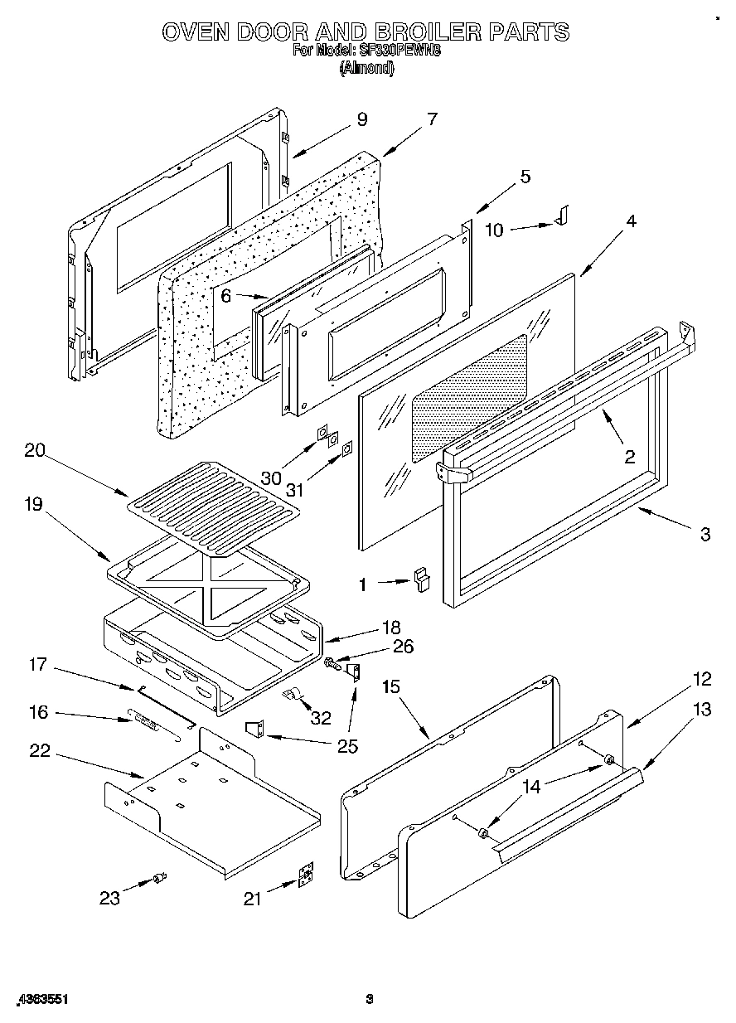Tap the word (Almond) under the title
(366, 69)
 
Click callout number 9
(361, 119)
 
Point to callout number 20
(35, 451)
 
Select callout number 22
(39, 751)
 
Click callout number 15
(391, 686)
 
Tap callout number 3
(705, 535)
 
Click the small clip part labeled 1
(424, 579)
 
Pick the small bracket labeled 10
(562, 216)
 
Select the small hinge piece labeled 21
(307, 876)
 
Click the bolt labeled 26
(332, 663)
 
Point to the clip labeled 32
(292, 693)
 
